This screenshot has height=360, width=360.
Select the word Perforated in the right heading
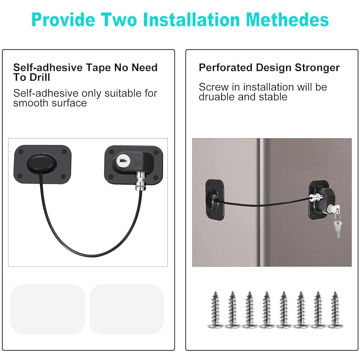click(225, 67)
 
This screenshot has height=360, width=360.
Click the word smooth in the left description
click(28, 103)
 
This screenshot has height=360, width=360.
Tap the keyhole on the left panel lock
click(121, 161)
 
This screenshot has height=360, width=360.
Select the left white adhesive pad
click(47, 309)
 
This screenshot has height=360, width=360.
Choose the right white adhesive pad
click(126, 309)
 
